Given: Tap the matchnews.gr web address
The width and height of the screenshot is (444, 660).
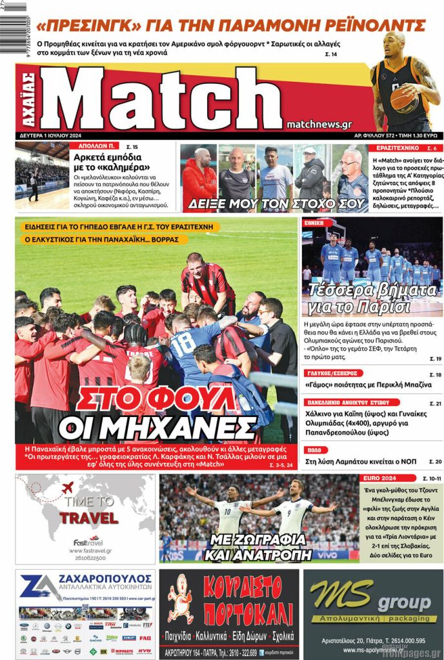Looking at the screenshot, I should click(318, 124).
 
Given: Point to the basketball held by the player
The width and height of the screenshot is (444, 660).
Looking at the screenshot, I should click(403, 99).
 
